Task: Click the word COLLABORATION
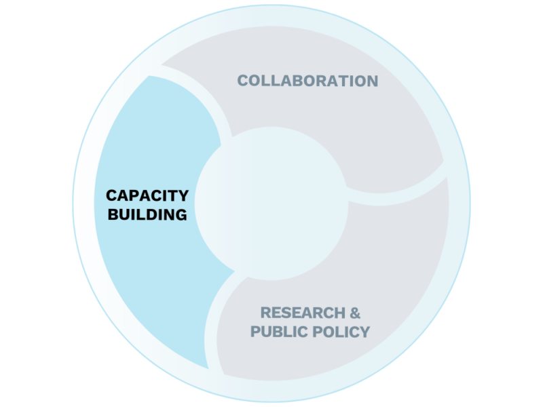(307, 81)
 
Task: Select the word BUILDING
(147, 216)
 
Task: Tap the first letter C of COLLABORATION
(242, 81)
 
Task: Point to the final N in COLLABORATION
(371, 81)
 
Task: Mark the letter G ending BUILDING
(180, 216)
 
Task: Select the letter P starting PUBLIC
(256, 332)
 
